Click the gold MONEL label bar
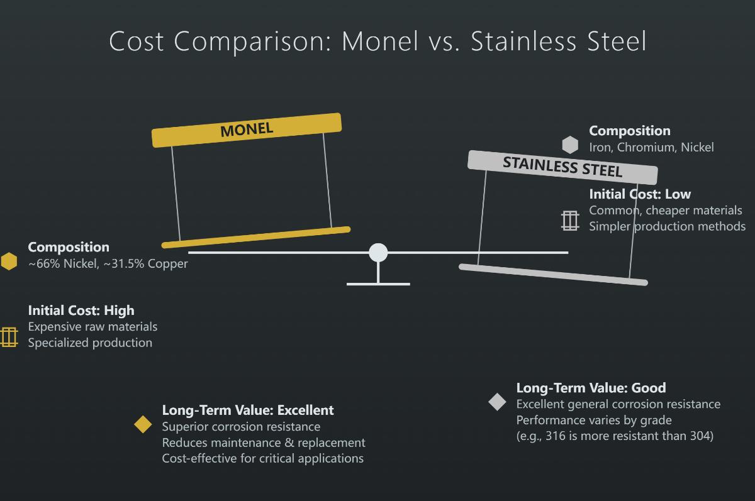coord(247,130)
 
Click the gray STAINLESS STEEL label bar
coord(562,167)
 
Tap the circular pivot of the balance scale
coord(378,252)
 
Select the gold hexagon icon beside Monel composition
coord(9,262)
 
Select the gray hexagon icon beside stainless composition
coord(570,145)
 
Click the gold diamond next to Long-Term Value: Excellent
coord(143,424)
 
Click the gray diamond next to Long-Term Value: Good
coord(497,402)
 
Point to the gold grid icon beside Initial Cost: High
coord(9,337)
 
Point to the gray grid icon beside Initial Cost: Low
coord(570,221)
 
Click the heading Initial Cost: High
coord(81,310)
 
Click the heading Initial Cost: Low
coord(640,194)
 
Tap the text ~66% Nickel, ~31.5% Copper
coord(108,263)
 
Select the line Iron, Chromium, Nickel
coord(651,147)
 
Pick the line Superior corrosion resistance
coord(241,426)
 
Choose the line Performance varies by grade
coord(594,420)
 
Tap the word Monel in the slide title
coord(380,41)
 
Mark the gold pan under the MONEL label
coord(256,237)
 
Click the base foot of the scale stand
coord(378,284)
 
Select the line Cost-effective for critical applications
coord(262,458)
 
